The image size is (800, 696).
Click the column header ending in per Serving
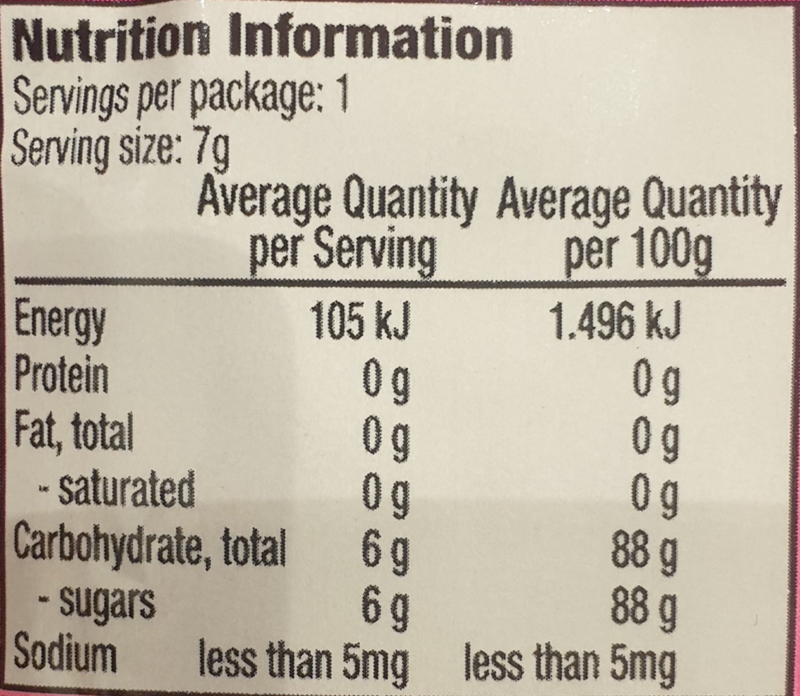coord(338,226)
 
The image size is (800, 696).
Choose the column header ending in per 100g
coord(638,226)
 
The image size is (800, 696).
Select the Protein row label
coord(61,377)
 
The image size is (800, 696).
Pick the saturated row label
coord(116,490)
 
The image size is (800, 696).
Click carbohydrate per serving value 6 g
coord(385,549)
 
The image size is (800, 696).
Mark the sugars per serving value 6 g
coord(385,604)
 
